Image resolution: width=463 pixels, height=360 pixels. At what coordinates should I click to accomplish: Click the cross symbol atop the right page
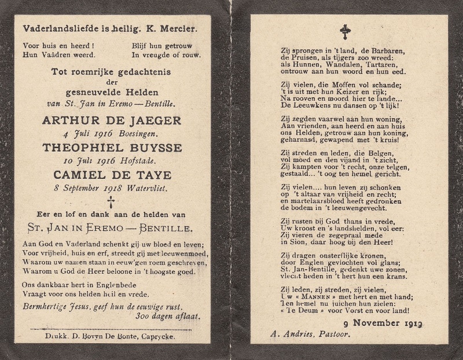[x=345, y=32]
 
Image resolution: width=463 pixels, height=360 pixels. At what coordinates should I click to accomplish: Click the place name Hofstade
[x=138, y=160]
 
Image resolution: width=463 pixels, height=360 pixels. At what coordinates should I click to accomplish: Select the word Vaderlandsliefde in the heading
[x=54, y=28]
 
